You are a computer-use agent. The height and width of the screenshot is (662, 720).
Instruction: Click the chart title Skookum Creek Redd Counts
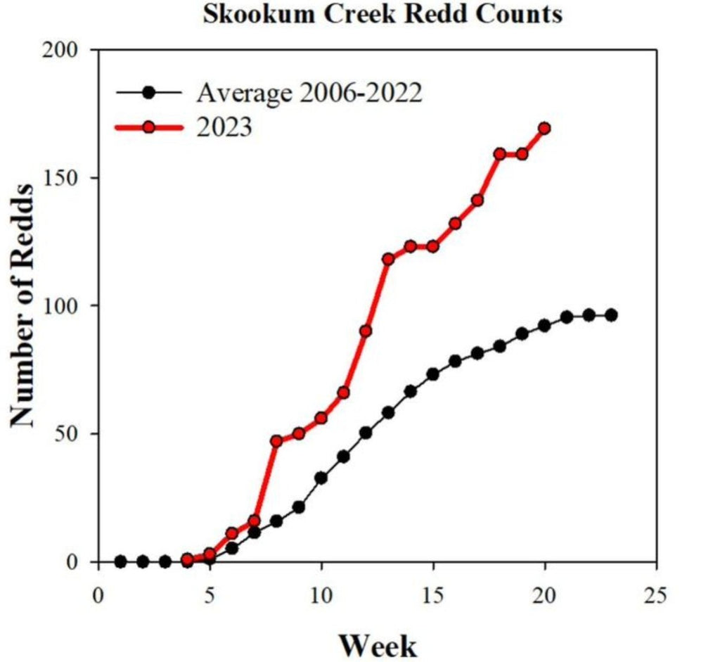pos(382,14)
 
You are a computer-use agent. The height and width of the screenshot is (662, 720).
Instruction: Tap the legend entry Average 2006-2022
pos(309,92)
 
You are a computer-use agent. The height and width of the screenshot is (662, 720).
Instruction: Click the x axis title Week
pos(378,643)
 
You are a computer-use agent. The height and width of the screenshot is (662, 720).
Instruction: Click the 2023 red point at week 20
pos(544,129)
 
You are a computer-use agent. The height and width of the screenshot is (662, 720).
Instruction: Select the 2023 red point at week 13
pos(388,259)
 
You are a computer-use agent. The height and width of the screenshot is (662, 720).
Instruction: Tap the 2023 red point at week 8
pos(276,441)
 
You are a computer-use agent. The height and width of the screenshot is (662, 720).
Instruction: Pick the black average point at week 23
pos(611,315)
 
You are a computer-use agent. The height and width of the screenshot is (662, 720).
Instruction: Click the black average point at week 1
pos(120,561)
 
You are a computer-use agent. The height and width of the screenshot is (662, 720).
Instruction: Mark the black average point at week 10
pos(321,478)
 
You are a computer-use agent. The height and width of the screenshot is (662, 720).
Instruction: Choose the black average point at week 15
pos(432,374)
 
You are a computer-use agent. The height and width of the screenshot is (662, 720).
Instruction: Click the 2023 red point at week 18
pos(500,154)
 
